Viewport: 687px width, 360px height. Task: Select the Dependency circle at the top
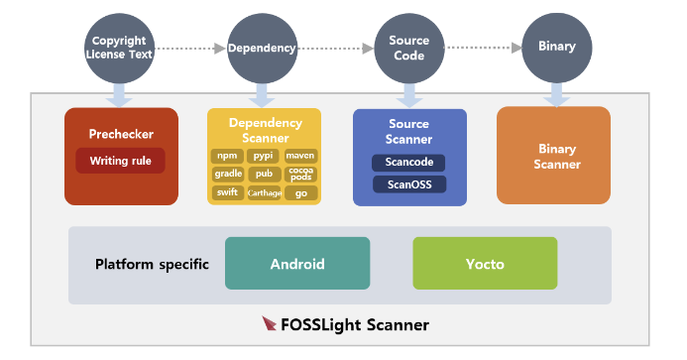click(261, 48)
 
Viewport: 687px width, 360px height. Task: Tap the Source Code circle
click(409, 48)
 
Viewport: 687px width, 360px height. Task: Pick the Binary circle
click(556, 47)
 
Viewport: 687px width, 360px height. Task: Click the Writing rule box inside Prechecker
click(120, 161)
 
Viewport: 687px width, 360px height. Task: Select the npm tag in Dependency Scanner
click(227, 156)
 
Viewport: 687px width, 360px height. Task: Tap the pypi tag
click(263, 156)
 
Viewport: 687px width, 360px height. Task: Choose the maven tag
click(300, 156)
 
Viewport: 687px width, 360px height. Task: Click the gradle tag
click(227, 174)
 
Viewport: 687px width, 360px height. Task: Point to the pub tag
click(263, 174)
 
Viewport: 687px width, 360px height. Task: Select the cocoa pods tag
click(300, 174)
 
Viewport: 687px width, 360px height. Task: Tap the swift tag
click(227, 192)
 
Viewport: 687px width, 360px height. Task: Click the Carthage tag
click(263, 192)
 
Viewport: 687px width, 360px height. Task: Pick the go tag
click(300, 192)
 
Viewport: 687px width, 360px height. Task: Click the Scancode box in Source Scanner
click(408, 163)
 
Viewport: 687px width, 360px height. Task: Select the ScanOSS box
click(408, 184)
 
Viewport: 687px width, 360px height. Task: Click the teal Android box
click(297, 264)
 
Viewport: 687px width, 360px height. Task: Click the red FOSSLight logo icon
click(270, 323)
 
